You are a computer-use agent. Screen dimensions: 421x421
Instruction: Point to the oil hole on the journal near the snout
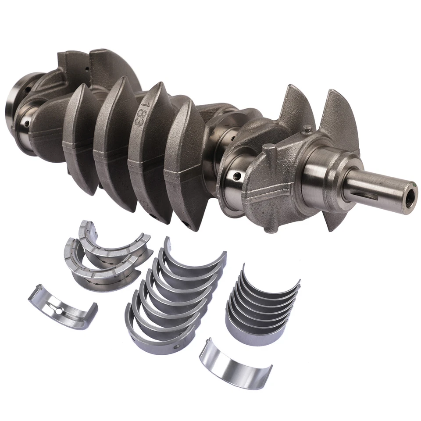click(x=237, y=176)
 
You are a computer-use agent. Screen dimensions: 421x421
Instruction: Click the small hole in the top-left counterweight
click(x=87, y=69)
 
